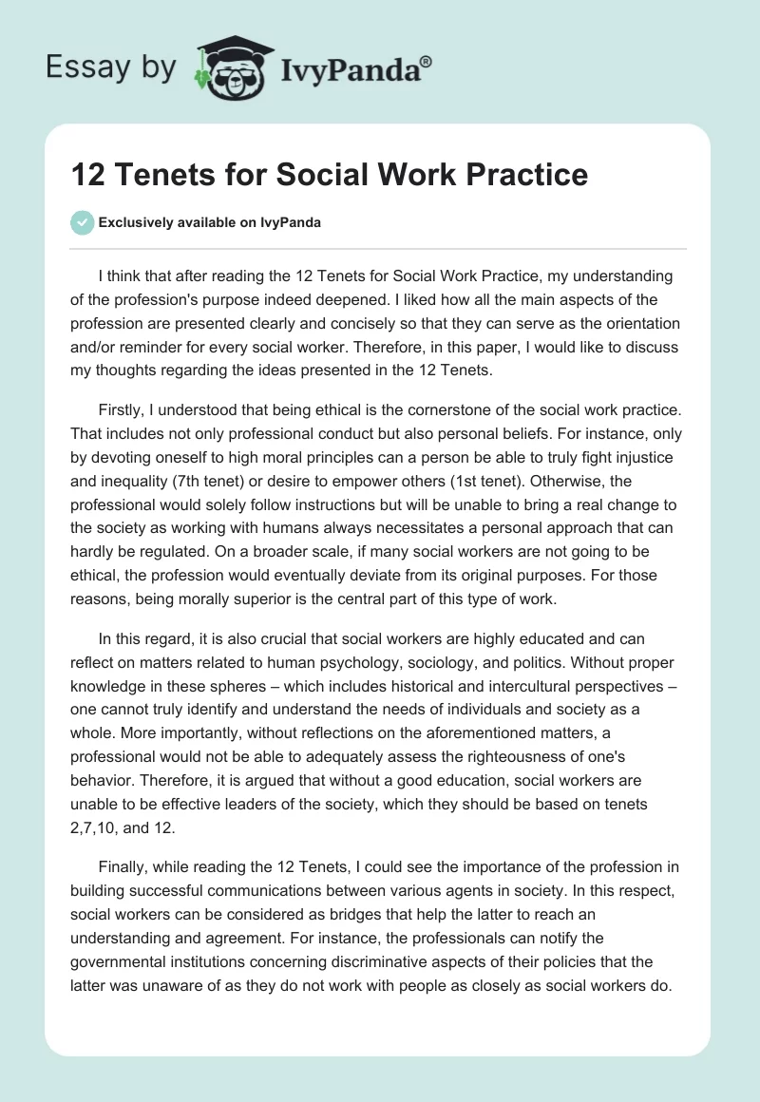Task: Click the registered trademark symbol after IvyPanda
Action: [x=426, y=61]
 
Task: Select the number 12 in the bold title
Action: [x=87, y=174]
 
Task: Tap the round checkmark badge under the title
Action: [x=82, y=222]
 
